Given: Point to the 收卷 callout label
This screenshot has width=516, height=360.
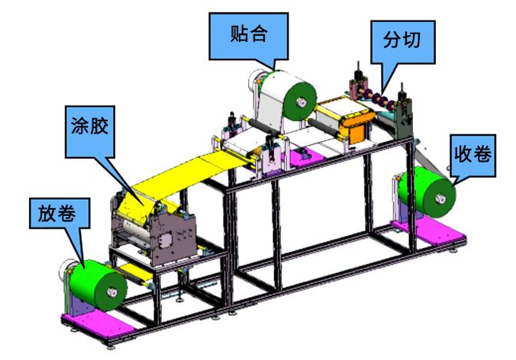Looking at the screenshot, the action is pyautogui.click(x=473, y=157).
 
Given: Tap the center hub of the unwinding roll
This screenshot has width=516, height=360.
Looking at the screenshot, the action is pyautogui.click(x=115, y=291).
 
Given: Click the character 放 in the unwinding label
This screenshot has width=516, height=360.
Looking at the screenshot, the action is pyautogui.click(x=43, y=214).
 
